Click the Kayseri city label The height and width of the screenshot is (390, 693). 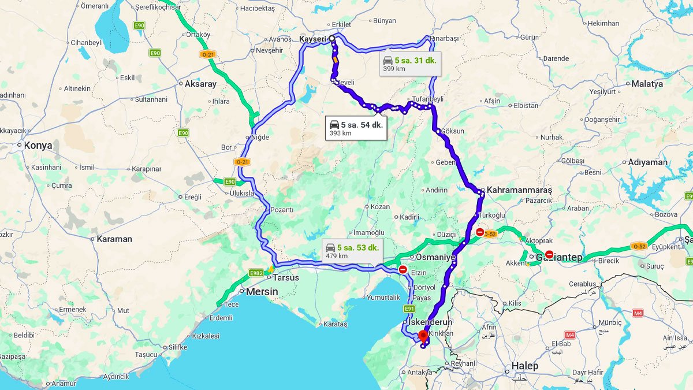(313, 39)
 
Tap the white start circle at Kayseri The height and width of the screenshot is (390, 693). (331, 39)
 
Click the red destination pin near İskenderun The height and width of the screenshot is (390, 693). (423, 336)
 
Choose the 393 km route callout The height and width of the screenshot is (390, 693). (356, 128)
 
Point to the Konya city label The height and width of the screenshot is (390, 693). (38, 146)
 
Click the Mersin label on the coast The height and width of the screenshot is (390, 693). (262, 292)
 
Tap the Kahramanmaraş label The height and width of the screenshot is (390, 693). (519, 190)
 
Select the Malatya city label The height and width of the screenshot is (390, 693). (647, 84)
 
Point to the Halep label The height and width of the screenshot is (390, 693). (524, 366)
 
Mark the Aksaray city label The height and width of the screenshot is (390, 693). (200, 84)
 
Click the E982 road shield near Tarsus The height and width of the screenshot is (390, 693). (256, 273)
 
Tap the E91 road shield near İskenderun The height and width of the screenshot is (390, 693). (409, 309)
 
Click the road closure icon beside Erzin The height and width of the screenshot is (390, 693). (403, 270)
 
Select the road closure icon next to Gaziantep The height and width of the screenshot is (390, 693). (549, 254)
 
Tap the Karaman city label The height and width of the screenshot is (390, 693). (114, 239)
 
